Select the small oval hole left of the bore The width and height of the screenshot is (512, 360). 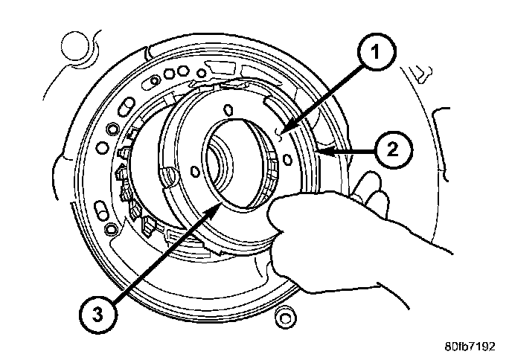point(196,172)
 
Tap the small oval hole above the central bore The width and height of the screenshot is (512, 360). point(226,111)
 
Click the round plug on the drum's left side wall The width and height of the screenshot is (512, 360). point(169,176)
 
